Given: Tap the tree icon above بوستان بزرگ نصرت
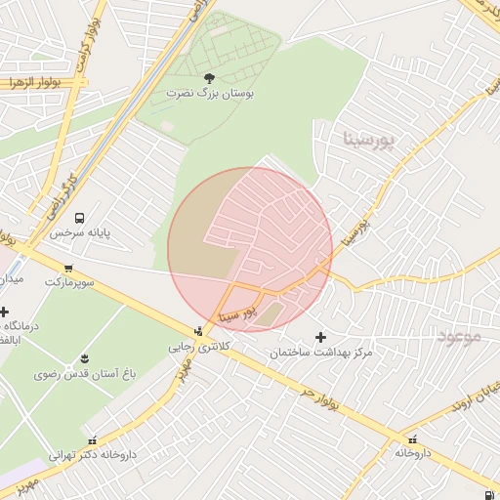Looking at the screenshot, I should tap(208, 77).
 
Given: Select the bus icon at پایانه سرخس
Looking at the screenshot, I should tap(80, 218).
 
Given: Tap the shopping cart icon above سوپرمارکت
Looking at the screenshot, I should tap(68, 268).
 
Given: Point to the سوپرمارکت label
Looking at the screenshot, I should tap(68, 281).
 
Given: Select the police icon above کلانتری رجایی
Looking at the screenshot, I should tap(199, 331).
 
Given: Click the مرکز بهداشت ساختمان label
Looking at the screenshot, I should tap(322, 351).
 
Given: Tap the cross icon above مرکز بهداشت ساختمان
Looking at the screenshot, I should tap(321, 336).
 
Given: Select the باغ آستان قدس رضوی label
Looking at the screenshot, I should tap(85, 373).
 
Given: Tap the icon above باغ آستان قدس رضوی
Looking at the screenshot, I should tap(85, 358).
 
